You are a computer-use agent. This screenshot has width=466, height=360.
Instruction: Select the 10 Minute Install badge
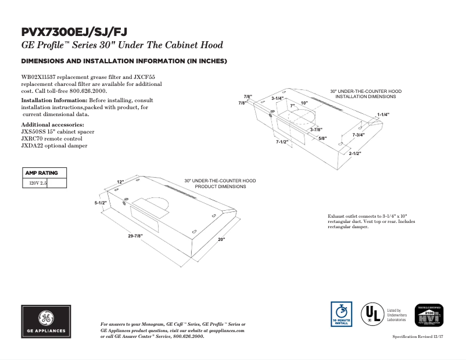(341, 314)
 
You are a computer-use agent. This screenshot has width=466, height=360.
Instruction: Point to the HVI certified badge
(428, 316)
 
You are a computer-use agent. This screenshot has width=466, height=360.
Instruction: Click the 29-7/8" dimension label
(135, 235)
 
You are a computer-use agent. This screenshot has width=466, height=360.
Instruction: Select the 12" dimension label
(120, 182)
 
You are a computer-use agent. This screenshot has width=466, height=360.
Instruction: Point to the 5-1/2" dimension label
(101, 203)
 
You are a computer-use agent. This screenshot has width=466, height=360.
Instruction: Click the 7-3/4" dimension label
(359, 135)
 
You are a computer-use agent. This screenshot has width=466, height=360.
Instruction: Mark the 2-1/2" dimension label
(355, 154)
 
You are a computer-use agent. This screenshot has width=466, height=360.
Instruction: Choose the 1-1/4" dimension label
(383, 114)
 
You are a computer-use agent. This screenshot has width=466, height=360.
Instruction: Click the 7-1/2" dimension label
(282, 142)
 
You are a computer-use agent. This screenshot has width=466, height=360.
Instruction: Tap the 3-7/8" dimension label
(316, 129)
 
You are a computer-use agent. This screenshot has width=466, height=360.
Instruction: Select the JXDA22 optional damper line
(54, 146)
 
